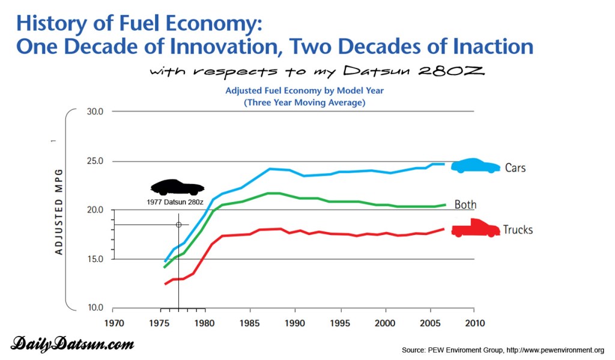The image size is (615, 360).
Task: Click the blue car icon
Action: [475, 166]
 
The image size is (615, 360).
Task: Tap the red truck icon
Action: [475, 228]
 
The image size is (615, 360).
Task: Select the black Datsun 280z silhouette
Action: [177, 187]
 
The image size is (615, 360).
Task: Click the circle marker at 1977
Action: [178, 225]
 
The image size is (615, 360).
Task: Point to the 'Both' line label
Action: [465, 205]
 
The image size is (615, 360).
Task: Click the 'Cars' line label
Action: [515, 168]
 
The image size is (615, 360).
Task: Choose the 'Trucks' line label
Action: [518, 230]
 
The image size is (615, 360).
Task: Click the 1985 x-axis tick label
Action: [249, 323]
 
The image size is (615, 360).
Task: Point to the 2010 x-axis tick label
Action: [474, 323]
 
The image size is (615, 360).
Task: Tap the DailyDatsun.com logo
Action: [72, 344]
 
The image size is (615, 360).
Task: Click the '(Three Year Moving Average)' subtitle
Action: [304, 103]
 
